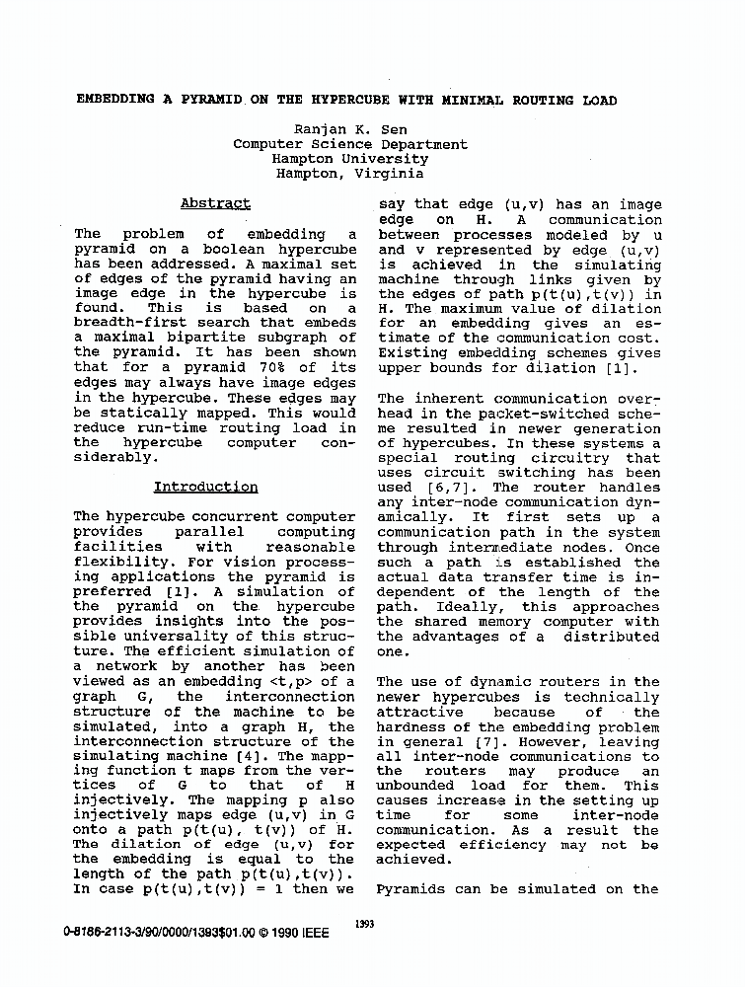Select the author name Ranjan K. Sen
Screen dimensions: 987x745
point(350,129)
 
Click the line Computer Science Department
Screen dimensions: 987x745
point(350,144)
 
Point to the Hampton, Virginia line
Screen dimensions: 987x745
point(350,174)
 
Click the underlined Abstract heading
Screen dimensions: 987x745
point(215,204)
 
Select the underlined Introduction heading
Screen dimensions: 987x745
point(206,487)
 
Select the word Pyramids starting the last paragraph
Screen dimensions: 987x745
point(414,889)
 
